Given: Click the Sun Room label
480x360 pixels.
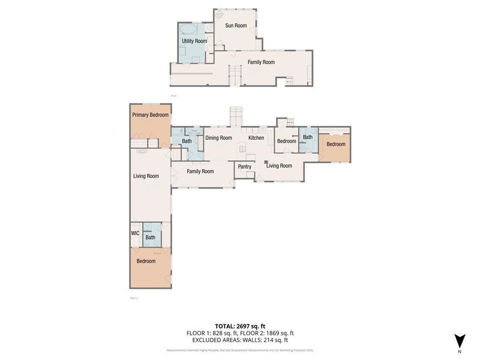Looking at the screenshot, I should (236, 26).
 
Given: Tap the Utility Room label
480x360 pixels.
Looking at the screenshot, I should (194, 41).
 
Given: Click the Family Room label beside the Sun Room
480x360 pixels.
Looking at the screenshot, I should (261, 62).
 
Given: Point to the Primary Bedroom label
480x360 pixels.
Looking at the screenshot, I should (150, 115).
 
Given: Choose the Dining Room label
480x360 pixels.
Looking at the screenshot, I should (218, 138).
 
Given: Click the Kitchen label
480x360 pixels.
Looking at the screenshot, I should (256, 138).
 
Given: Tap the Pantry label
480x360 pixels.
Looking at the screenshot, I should (244, 166).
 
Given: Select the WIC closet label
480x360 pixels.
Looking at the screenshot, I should (136, 233).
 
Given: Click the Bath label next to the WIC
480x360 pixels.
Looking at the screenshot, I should (150, 238).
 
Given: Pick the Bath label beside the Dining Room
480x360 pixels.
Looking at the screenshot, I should (187, 141).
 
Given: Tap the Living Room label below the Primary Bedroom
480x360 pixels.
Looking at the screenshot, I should (146, 176).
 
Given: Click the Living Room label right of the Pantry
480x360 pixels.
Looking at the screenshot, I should (279, 166).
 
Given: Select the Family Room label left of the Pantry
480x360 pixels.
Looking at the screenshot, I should (200, 171).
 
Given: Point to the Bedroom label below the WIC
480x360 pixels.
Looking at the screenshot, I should (146, 261).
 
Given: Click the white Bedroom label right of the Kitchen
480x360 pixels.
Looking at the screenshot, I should (286, 141).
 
